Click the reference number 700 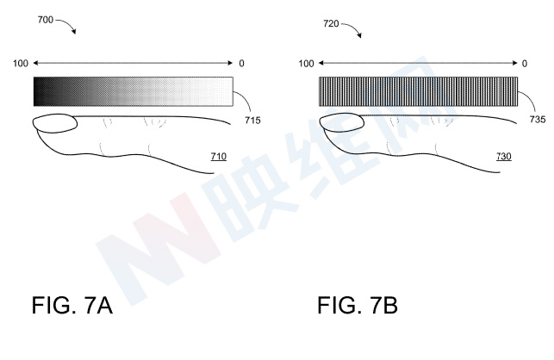tap(45, 20)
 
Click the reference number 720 tap(331, 23)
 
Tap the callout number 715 tap(252, 121)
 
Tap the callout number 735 tap(538, 120)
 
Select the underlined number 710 tap(218, 157)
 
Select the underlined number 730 tap(503, 157)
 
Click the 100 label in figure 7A tap(21, 64)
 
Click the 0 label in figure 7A tap(241, 64)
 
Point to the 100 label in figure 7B tap(306, 64)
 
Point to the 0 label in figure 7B tap(525, 64)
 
